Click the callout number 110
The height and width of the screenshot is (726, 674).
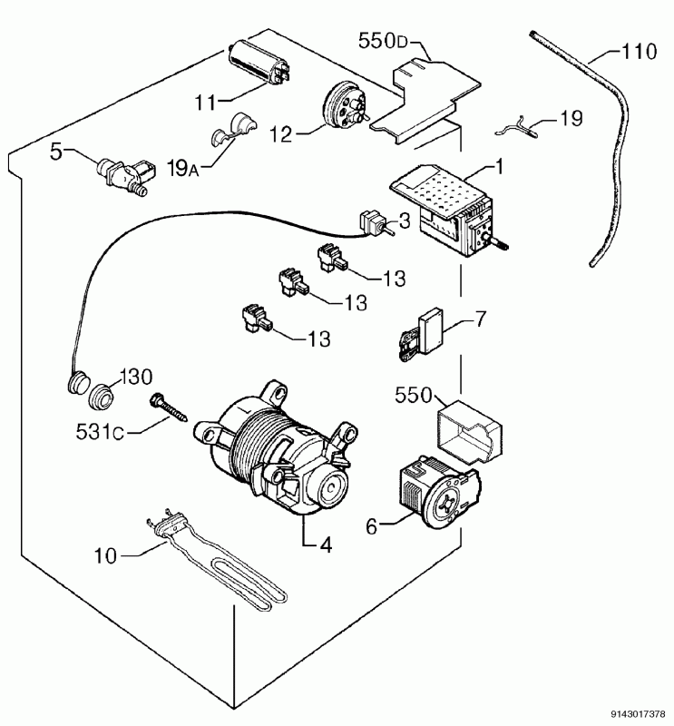pyautogui.click(x=639, y=51)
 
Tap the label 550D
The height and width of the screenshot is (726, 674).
pyautogui.click(x=383, y=41)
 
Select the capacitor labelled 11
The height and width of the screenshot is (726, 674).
pyautogui.click(x=260, y=63)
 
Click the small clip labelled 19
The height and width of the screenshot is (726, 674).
pyautogui.click(x=516, y=127)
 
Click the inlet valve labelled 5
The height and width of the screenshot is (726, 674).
pyautogui.click(x=126, y=177)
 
